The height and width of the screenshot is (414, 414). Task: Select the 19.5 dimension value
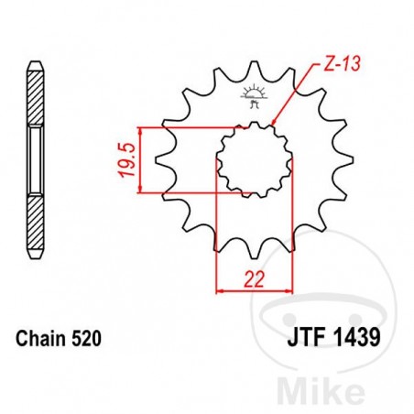[x=126, y=159]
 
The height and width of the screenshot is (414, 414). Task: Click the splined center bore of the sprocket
[x=254, y=159]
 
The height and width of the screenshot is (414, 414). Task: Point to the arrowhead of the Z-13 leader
[x=274, y=121]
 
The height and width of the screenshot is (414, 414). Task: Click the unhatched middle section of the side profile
[x=35, y=160]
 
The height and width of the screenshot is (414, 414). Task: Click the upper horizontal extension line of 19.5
[x=183, y=126]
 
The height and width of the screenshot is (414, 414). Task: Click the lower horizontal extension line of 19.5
[x=183, y=193]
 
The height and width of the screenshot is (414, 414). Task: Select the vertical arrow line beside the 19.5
[x=140, y=159]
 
